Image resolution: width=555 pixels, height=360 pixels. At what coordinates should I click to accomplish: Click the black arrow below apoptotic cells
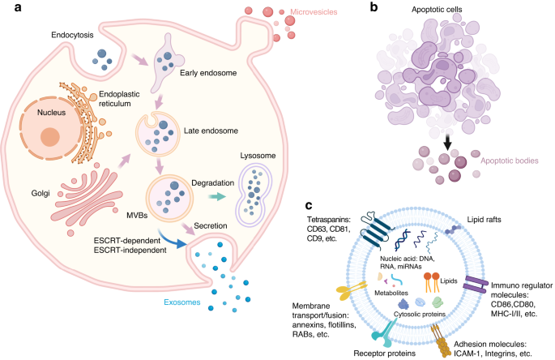tap(446, 143)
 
